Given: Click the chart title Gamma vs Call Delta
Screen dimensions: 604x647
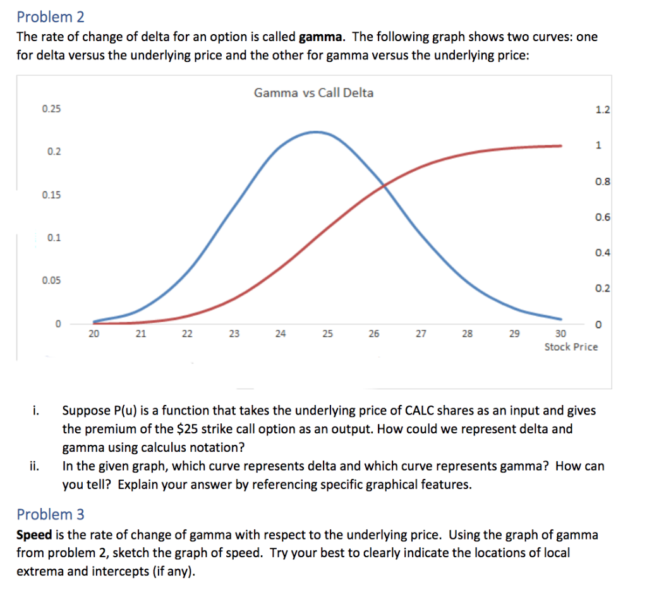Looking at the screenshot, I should tap(313, 93).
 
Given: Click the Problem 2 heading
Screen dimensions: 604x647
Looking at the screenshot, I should tap(51, 16).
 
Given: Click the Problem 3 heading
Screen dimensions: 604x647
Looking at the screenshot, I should tap(51, 514).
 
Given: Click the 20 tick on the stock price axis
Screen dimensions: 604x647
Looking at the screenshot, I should tap(94, 334).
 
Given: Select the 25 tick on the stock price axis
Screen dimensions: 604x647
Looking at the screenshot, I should tap(327, 334).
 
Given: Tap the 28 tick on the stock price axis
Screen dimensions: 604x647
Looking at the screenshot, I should tap(467, 334).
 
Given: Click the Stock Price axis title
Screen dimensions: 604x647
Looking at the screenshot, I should tap(571, 347).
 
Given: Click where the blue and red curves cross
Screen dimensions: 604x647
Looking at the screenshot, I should tap(384, 184).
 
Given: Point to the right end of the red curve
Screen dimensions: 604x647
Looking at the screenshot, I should tap(560, 145).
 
